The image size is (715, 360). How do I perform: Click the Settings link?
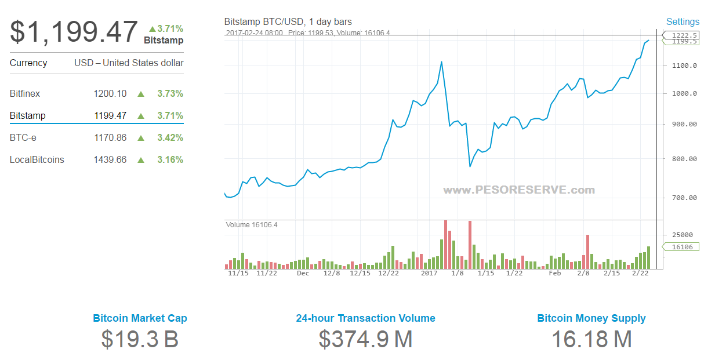point(683,22)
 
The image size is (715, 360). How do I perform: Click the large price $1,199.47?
point(74,32)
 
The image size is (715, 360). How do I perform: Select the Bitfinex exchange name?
point(25,94)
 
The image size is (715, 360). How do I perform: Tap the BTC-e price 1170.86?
point(110,138)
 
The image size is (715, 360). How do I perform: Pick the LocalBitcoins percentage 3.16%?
point(170,160)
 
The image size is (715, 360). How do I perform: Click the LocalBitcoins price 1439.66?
point(110,160)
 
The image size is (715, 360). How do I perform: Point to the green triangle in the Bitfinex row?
point(140,94)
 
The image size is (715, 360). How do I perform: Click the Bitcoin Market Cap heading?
point(140,318)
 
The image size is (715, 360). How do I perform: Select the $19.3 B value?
point(140,339)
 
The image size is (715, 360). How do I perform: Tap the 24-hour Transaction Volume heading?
point(365,318)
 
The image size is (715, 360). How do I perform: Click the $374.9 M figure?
point(365,339)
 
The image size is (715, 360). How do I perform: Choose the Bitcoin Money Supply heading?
point(591,318)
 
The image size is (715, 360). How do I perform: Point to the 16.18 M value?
point(591,339)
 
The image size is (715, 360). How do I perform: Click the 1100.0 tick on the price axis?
point(684,66)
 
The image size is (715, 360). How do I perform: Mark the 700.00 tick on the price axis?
point(684,198)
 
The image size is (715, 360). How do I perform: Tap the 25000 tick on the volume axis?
point(683,235)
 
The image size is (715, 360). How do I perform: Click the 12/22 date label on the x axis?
point(389,274)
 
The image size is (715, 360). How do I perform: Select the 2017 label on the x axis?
point(429,274)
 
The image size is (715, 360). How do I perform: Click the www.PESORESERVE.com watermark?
point(519,190)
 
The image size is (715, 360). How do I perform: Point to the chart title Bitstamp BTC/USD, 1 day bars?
point(288,22)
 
